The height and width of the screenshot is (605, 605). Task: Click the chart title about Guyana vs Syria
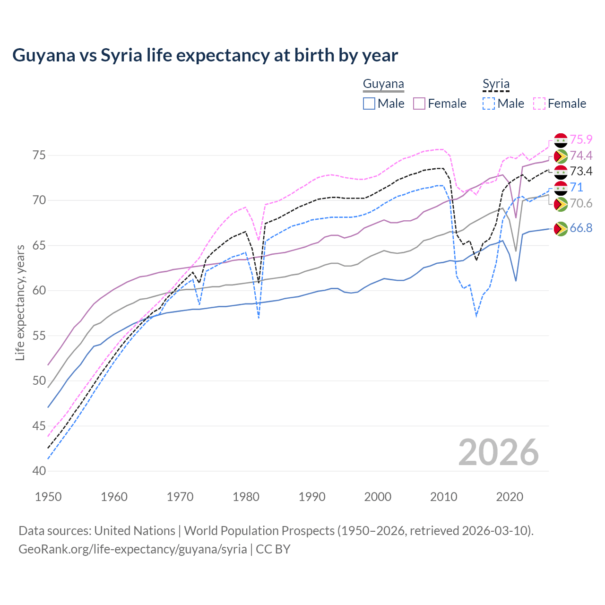tap(205, 55)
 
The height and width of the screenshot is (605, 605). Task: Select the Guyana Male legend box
tap(369, 104)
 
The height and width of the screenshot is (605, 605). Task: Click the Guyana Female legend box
tap(420, 104)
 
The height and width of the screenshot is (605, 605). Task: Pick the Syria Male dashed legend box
tap(489, 104)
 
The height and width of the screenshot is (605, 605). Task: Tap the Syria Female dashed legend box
tap(539, 104)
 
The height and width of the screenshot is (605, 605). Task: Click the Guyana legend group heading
tap(383, 84)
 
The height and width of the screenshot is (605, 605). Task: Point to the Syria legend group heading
tap(496, 84)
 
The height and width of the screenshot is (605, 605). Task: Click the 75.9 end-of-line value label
tap(581, 139)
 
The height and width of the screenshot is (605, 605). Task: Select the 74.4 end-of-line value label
tap(581, 156)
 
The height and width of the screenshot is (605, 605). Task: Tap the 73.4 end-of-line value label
tap(581, 171)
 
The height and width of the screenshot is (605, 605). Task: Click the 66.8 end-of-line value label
tap(581, 228)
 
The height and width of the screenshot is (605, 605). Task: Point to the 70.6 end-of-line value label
tap(581, 203)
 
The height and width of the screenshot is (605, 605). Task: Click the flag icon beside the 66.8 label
tap(561, 229)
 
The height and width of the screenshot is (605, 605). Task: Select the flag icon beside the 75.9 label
tap(561, 140)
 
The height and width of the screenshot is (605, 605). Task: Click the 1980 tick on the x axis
tap(246, 497)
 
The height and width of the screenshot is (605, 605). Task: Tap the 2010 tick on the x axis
tap(443, 497)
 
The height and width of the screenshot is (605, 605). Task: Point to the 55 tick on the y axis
tap(39, 336)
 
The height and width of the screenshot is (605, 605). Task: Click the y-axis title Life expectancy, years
tap(20, 302)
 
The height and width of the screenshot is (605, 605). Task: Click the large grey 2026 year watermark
tap(498, 452)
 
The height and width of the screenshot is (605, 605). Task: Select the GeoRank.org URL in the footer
tap(133, 549)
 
